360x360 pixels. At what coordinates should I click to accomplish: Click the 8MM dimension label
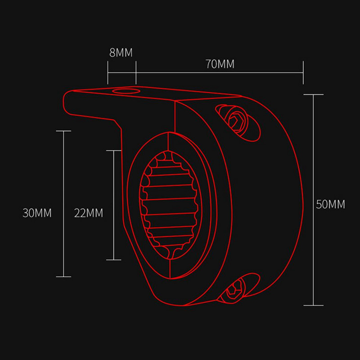click(121, 53)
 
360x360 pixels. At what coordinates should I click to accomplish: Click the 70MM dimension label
click(220, 64)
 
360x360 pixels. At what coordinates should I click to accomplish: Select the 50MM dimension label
click(330, 204)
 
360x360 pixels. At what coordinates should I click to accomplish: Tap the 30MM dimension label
click(37, 213)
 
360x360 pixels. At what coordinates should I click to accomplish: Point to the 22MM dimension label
click(88, 213)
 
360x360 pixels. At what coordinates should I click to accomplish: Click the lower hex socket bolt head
click(234, 290)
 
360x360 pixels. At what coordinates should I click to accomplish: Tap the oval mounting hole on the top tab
click(126, 91)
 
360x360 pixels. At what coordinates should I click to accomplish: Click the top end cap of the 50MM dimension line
click(313, 94)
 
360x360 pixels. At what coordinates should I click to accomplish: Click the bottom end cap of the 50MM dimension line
click(313, 306)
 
